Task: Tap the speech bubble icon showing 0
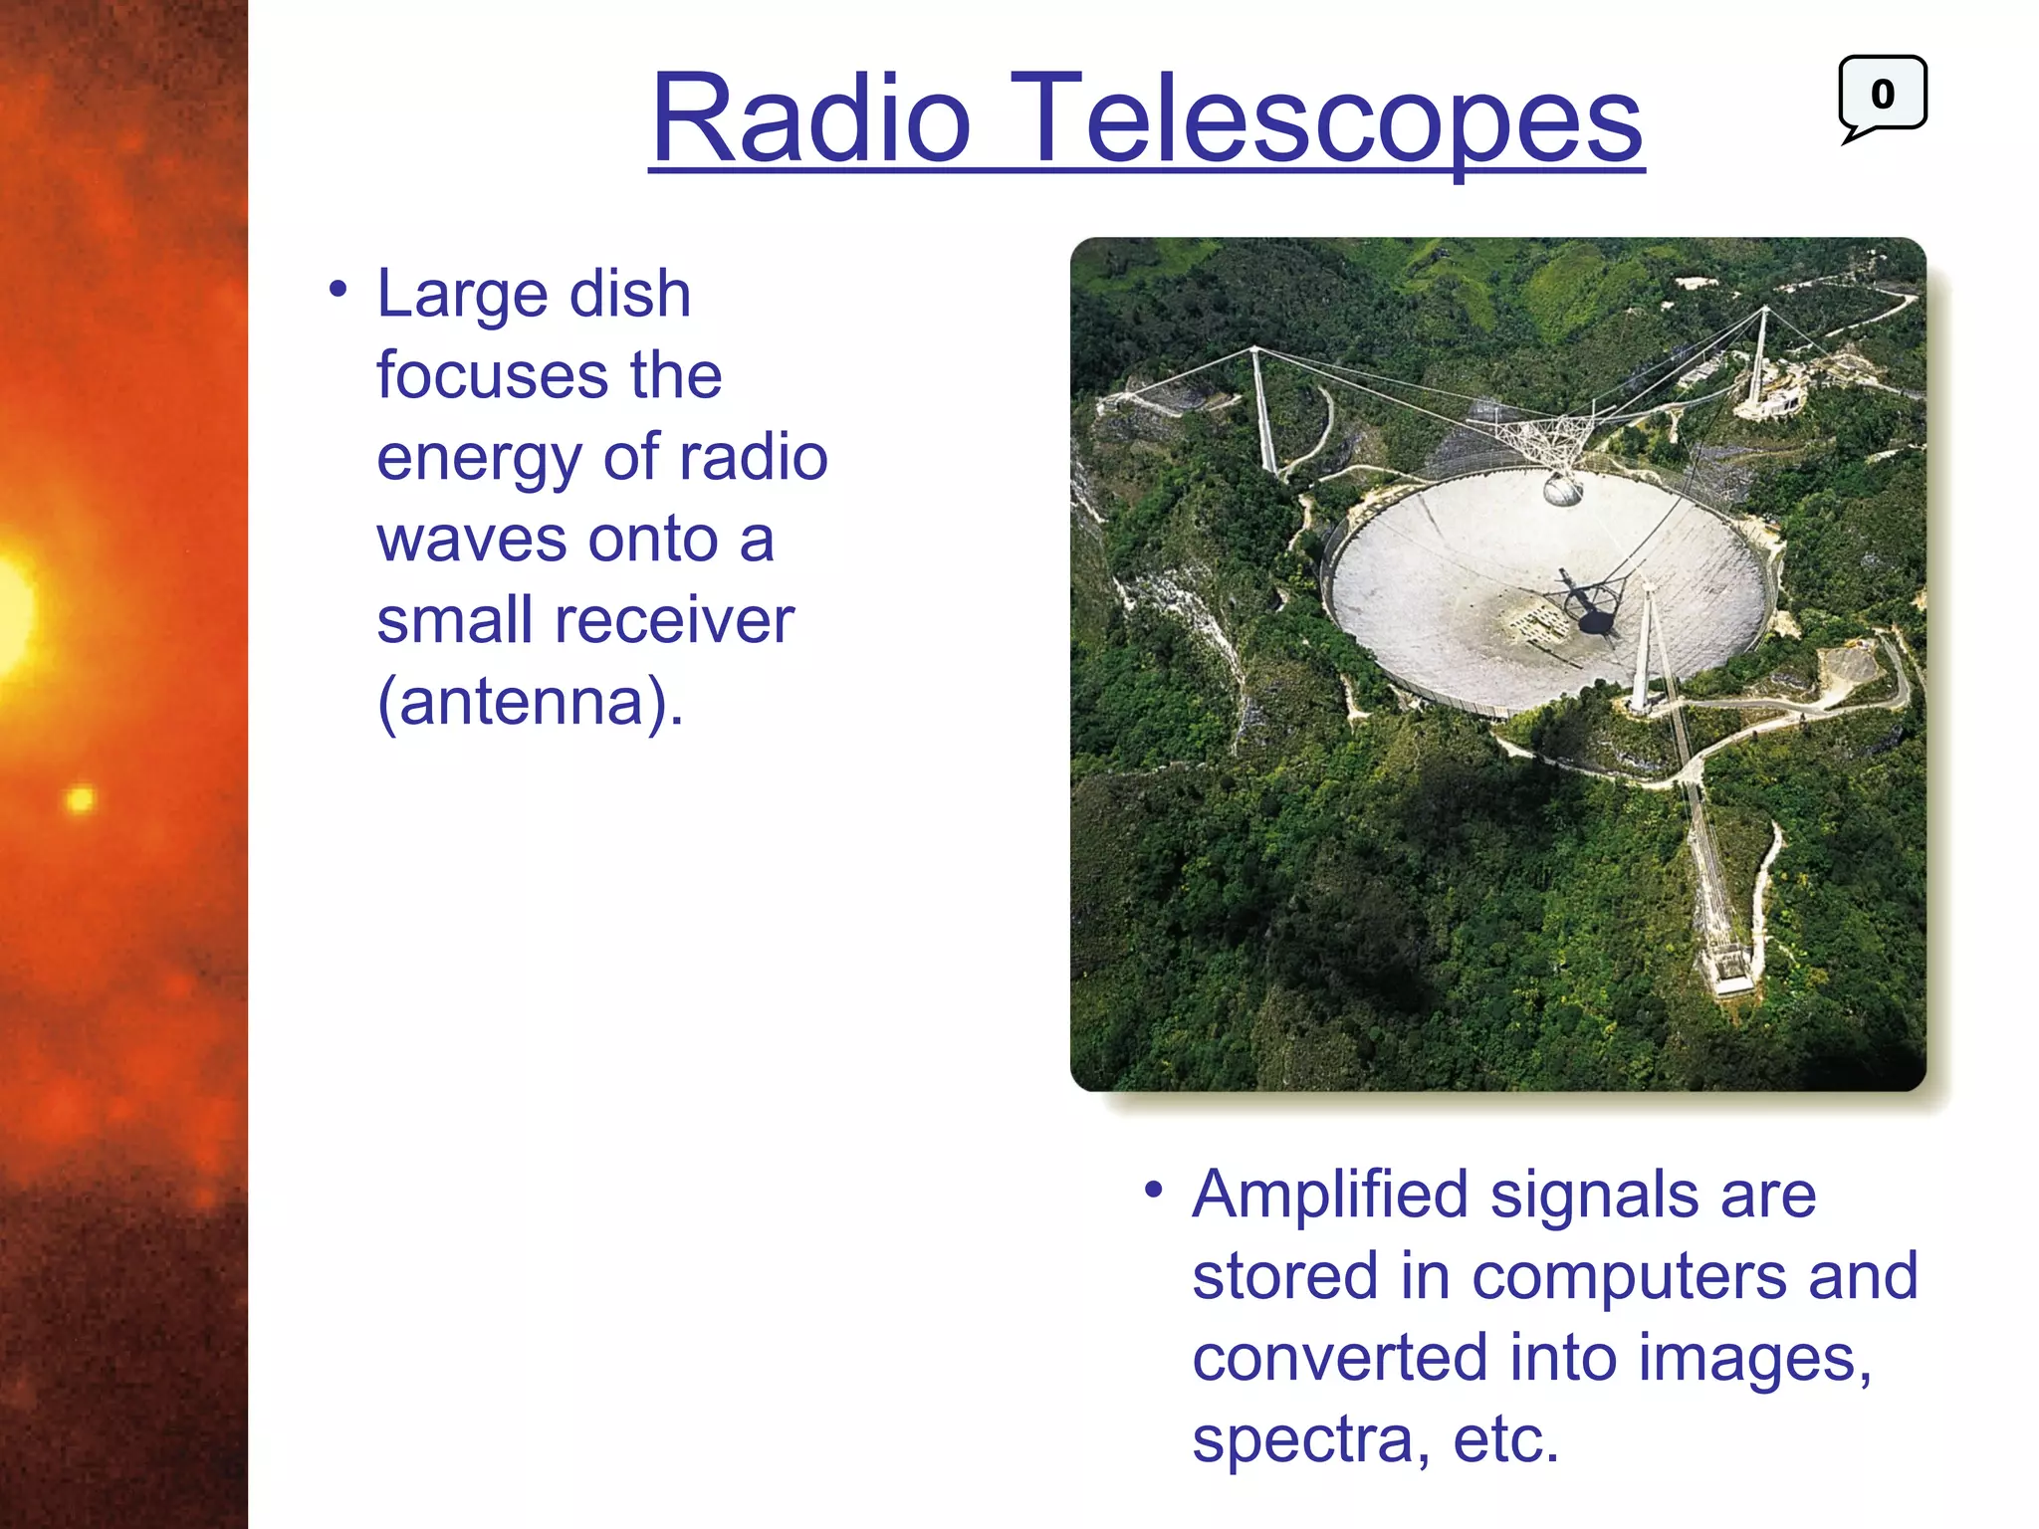tap(1882, 95)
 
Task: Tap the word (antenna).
tap(530, 703)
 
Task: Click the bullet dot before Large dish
tap(339, 290)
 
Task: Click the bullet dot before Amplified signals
tap(1153, 1189)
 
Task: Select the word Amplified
tap(1330, 1195)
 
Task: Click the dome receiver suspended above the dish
tap(1561, 490)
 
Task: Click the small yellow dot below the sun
tap(81, 798)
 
